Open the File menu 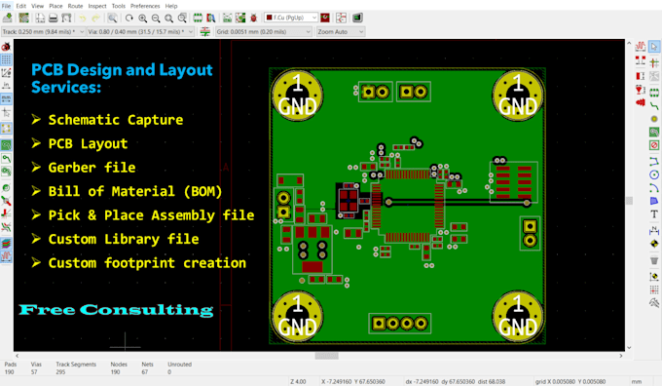click(6, 6)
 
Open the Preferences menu click(145, 6)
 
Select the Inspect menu click(97, 6)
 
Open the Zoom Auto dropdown click(340, 31)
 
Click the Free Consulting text click(116, 310)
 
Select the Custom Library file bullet click(123, 239)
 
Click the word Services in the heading click(66, 88)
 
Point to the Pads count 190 click(10, 371)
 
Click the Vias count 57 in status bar click(35, 371)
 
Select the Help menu click(171, 6)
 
